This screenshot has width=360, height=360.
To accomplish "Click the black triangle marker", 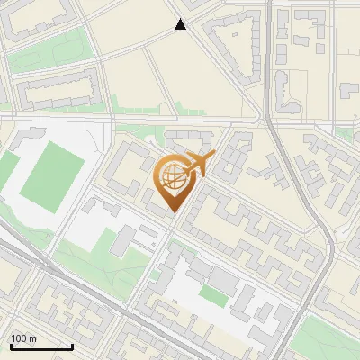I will pos(181,25).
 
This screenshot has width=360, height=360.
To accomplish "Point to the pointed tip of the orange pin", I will pos(174,212).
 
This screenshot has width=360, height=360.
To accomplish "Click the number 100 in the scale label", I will pos(19,338).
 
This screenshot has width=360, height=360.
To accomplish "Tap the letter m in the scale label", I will pos(33,338).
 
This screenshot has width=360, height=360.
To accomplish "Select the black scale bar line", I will pos(41,346).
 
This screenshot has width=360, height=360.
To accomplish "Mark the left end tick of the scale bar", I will pos(10,345).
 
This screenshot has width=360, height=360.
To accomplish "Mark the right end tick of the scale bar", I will pos(72,345).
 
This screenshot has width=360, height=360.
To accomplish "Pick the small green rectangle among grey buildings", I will pos(213,294).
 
